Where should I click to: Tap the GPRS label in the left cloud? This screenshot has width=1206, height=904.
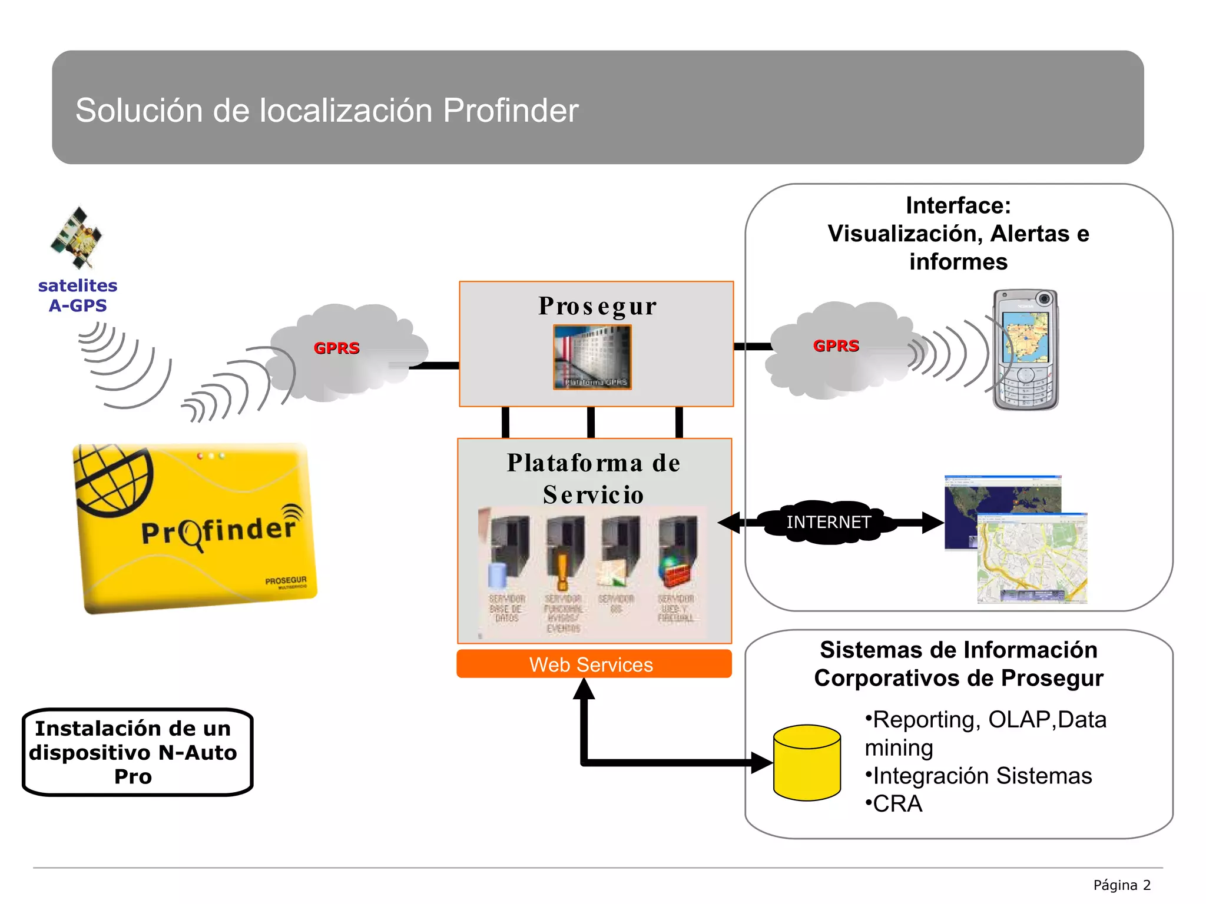tap(336, 348)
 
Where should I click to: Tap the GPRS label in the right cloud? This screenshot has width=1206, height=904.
tap(836, 345)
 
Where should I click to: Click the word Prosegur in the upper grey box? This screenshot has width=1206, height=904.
tap(597, 306)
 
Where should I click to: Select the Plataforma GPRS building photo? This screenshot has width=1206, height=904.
tap(592, 357)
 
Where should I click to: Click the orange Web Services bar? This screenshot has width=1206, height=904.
tap(594, 664)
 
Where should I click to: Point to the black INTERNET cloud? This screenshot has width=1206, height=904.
tap(828, 522)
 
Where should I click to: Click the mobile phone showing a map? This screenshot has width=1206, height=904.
tap(1025, 350)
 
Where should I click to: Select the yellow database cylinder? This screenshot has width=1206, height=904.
tap(807, 762)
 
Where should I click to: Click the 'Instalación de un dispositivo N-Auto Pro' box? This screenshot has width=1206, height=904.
tap(137, 752)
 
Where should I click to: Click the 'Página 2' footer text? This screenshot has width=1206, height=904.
tap(1121, 885)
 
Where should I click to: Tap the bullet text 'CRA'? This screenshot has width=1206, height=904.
tap(897, 804)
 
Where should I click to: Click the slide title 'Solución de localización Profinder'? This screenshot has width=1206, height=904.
tap(327, 110)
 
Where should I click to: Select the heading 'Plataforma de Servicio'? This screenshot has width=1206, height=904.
tap(594, 478)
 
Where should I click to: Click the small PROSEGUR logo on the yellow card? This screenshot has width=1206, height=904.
tap(286, 581)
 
